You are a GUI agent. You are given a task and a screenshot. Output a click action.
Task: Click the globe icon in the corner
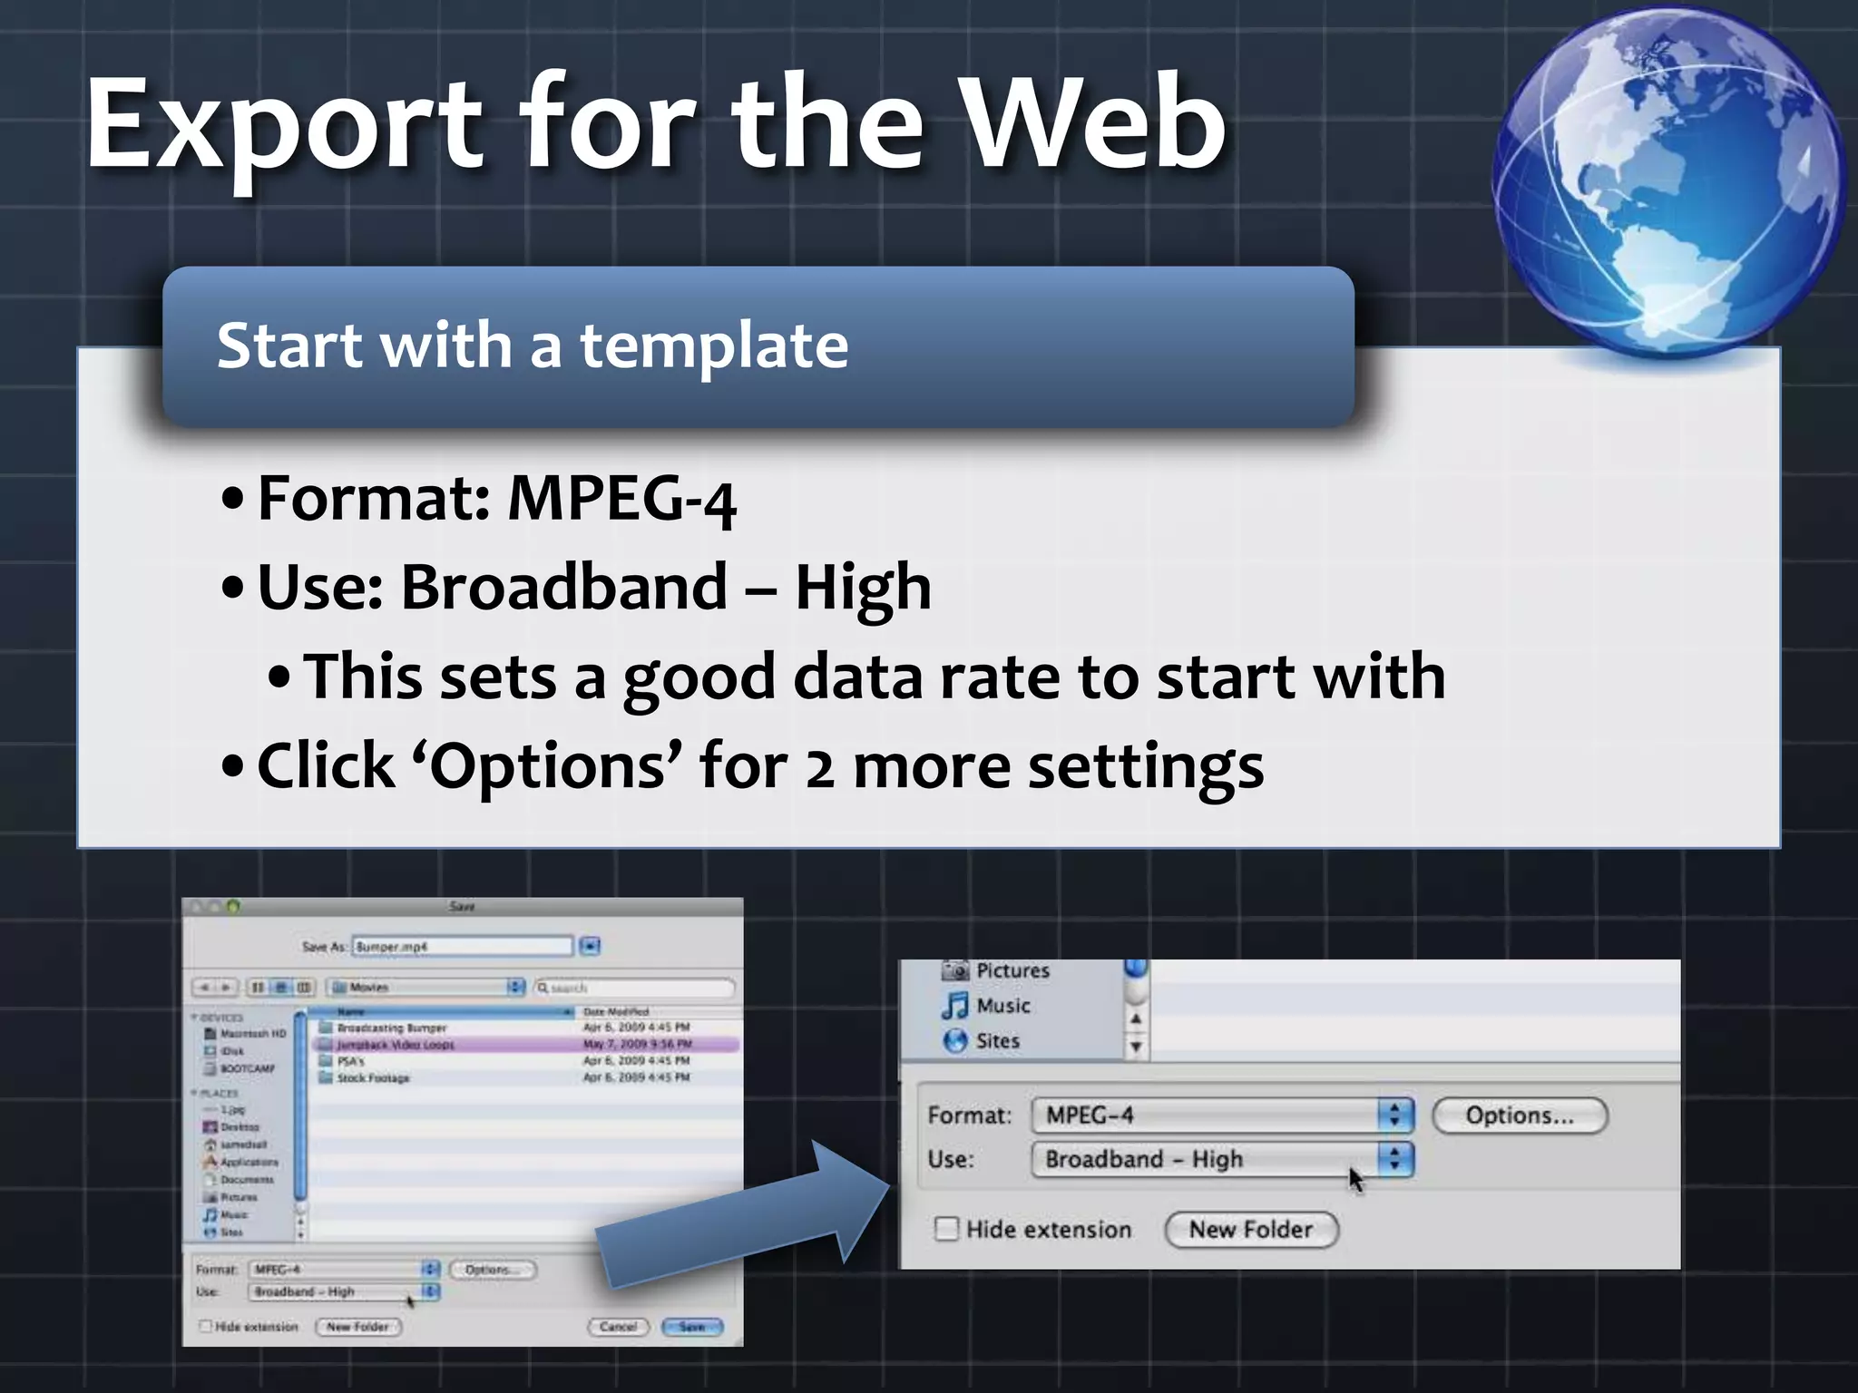[x=1667, y=181]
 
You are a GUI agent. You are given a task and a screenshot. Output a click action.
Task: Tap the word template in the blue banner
[x=714, y=346]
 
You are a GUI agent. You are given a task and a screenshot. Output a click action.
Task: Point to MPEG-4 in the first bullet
[x=621, y=499]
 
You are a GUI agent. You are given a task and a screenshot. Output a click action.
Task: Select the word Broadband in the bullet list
[x=563, y=587]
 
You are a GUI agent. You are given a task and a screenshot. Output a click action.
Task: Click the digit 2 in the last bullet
[x=819, y=767]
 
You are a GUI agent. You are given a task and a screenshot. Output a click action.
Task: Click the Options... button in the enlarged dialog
[x=1520, y=1115]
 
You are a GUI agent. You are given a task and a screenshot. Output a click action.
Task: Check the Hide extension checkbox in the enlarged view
[x=946, y=1229]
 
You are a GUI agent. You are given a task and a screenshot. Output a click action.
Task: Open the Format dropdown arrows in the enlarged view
[x=1395, y=1115]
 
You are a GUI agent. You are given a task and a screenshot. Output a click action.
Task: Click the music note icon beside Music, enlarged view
[x=954, y=1006]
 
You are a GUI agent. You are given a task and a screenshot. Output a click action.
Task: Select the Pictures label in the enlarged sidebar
[x=1012, y=970]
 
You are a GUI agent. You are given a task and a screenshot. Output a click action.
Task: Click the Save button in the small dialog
[x=691, y=1327]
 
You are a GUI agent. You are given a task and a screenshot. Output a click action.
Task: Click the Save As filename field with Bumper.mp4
[x=462, y=947]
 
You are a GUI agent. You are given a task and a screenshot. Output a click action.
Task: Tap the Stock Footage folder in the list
[x=373, y=1078]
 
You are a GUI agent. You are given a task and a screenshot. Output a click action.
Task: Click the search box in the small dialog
[x=635, y=987]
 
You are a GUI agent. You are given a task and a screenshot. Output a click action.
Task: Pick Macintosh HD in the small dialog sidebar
[x=252, y=1034]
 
